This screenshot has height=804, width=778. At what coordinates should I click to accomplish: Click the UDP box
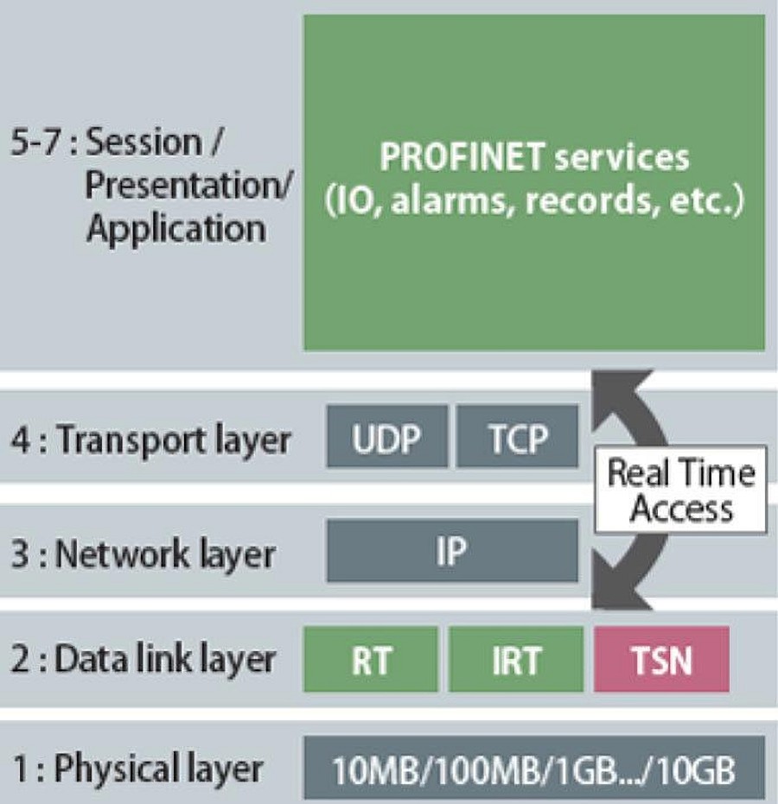[387, 436]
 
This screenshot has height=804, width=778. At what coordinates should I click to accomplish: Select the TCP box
[517, 436]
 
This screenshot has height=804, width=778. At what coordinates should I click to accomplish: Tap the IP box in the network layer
[452, 551]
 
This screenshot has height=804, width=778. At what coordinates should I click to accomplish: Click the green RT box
[371, 659]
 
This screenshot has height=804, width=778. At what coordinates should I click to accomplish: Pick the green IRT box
[516, 659]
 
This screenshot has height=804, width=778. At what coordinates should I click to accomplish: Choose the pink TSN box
[661, 659]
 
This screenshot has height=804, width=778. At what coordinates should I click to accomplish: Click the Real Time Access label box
[681, 490]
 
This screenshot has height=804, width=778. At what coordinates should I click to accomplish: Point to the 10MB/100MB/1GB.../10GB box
[534, 768]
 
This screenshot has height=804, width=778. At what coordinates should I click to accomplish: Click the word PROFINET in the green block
[462, 156]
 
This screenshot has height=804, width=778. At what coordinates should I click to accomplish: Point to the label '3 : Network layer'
[143, 554]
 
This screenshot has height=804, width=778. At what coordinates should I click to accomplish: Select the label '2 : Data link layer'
[143, 660]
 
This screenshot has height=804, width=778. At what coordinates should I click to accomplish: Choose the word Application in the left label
[176, 229]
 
